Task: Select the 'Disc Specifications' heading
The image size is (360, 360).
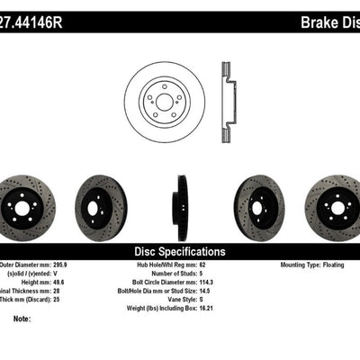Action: (179, 252)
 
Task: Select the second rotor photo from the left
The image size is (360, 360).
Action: (101, 208)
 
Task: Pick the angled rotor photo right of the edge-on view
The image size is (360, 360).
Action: (258, 208)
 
